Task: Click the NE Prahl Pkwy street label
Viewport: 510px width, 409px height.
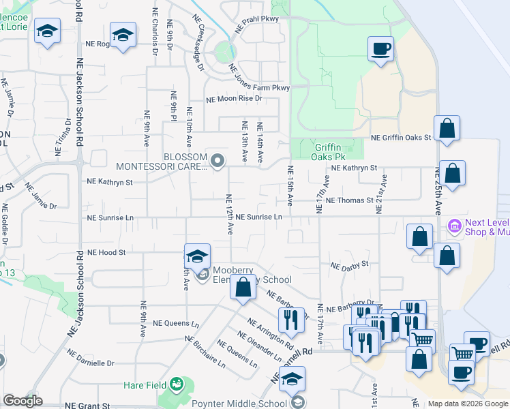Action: pos(256,19)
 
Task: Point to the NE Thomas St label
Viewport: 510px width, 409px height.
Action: pos(350,200)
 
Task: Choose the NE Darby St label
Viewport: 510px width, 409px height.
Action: pos(349,264)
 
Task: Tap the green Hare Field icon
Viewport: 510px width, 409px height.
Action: pos(177,385)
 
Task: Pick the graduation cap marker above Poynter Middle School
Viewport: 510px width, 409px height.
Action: pos(292,379)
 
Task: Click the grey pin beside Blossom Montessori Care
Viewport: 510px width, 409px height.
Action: pos(217,161)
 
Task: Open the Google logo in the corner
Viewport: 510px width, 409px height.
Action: pos(22,401)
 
